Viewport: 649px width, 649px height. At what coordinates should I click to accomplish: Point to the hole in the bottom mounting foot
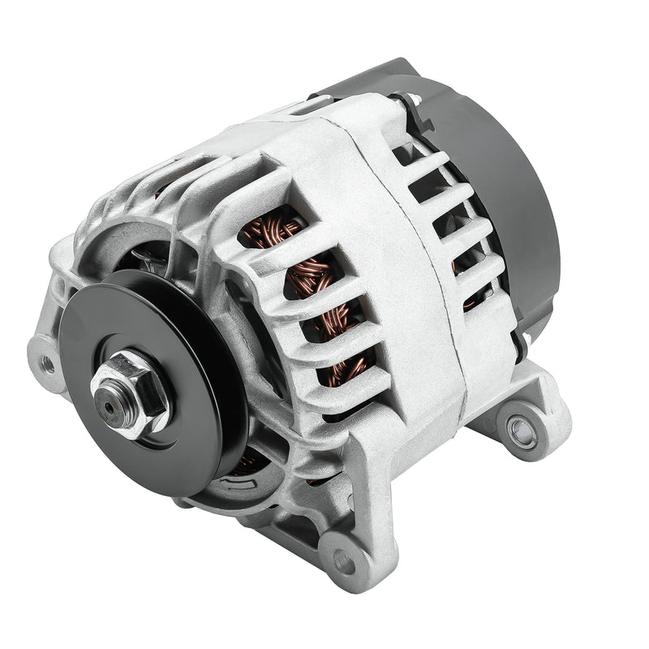pyautogui.click(x=344, y=561)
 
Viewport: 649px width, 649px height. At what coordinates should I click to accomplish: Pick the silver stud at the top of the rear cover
pyautogui.click(x=415, y=100)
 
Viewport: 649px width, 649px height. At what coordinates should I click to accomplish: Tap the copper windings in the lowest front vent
pyautogui.click(x=349, y=369)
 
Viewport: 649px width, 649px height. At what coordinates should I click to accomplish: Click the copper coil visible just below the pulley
pyautogui.click(x=247, y=462)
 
